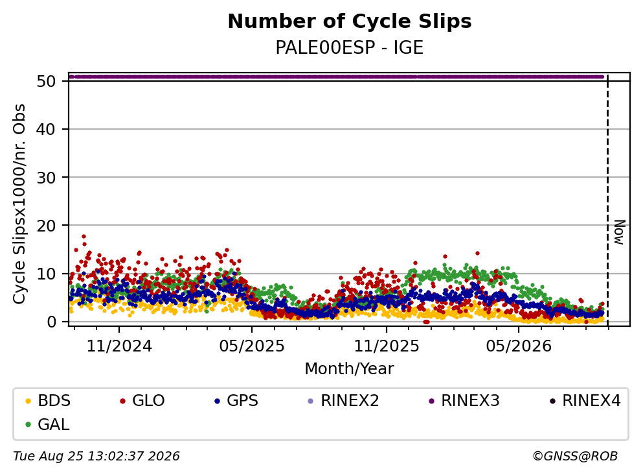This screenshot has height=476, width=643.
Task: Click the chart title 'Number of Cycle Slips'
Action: pos(350,21)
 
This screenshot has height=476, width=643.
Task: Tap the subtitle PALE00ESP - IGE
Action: pos(350,48)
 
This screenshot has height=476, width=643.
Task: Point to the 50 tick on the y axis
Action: pos(47,81)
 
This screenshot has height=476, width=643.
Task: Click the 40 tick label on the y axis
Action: pos(47,129)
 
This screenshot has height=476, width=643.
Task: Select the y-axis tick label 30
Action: pos(47,178)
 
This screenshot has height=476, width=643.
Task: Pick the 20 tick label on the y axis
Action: pos(47,226)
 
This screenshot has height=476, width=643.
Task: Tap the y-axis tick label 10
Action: pos(47,274)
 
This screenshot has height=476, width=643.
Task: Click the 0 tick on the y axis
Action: pos(51,322)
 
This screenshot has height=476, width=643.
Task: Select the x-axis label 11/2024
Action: pos(119,346)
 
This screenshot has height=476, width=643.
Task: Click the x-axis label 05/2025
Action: pos(252,346)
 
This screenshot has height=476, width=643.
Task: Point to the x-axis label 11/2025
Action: pos(387,346)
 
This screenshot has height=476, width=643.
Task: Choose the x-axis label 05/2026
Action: pos(519,346)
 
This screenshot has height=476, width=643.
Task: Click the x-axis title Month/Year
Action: pos(350,369)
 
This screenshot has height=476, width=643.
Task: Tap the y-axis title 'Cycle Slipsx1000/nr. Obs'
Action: pos(19,204)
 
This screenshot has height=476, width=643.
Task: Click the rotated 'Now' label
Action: pos(619,232)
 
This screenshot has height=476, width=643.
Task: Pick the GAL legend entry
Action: pos(47,424)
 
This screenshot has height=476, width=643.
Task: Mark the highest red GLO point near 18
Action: pos(84,237)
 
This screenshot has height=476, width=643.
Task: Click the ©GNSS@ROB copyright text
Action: pos(575,457)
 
